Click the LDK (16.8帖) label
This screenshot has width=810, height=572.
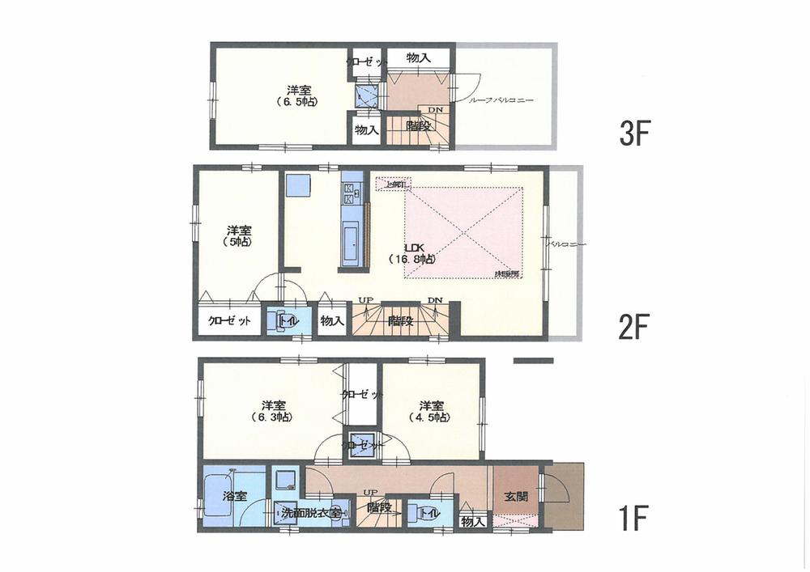point(414,252)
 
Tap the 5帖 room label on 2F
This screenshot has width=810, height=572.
point(237,235)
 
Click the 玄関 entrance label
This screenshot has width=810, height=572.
point(516,497)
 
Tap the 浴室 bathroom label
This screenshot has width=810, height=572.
point(235,497)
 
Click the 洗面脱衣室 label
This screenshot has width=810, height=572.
point(313,512)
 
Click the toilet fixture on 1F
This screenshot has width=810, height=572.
point(415,511)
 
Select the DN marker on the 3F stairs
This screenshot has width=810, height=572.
point(435,111)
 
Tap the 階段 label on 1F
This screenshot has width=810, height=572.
point(378,508)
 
